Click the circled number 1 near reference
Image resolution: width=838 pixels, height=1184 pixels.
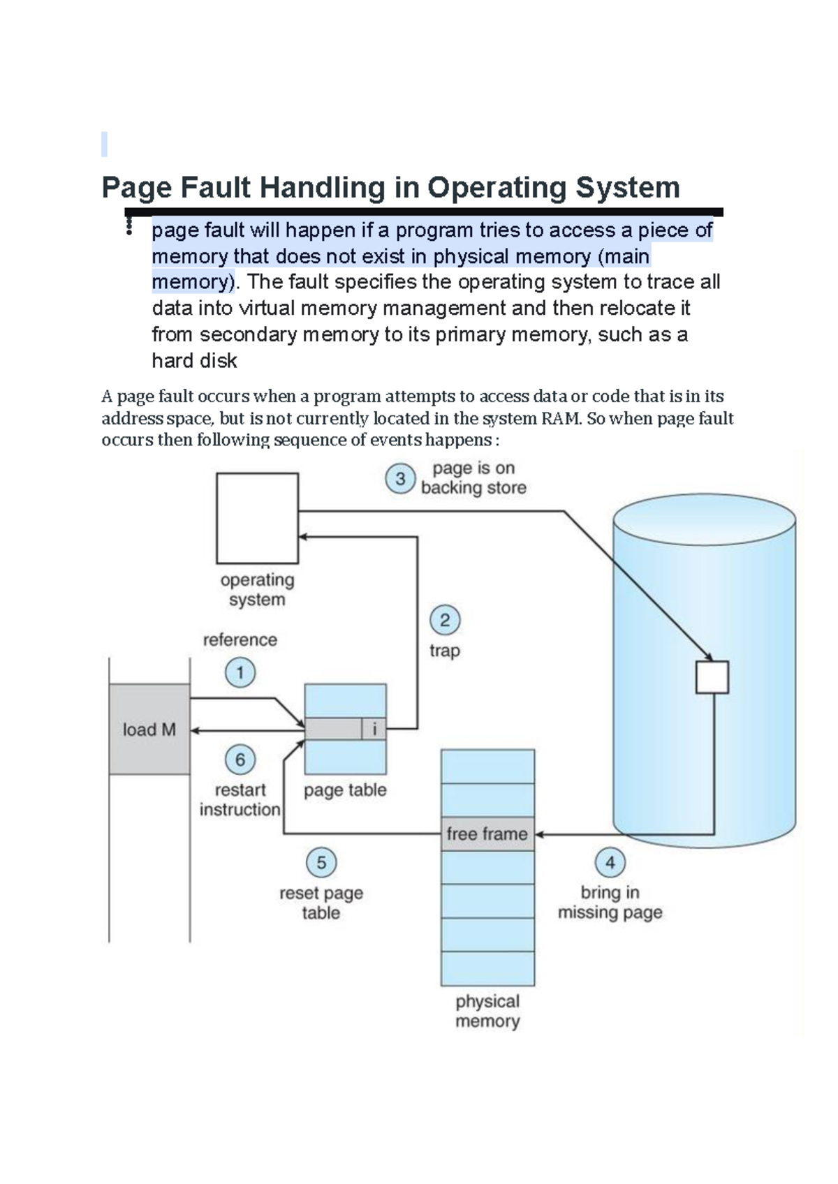pyautogui.click(x=240, y=673)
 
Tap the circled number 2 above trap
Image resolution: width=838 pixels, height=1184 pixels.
pyautogui.click(x=445, y=620)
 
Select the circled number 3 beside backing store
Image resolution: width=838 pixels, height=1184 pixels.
pyautogui.click(x=400, y=479)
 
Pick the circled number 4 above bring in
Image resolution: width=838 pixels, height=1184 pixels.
pyautogui.click(x=610, y=863)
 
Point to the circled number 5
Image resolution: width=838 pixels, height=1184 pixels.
pyautogui.click(x=321, y=863)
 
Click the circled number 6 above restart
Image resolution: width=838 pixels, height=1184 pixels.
pyautogui.click(x=240, y=760)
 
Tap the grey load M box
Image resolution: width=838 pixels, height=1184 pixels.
pyautogui.click(x=149, y=730)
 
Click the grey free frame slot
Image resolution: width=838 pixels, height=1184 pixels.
pyautogui.click(x=487, y=834)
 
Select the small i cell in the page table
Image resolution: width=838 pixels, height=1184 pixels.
pyautogui.click(x=374, y=730)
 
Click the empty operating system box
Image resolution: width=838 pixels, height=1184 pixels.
pyautogui.click(x=257, y=518)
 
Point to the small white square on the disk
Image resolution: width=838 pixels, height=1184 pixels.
pyautogui.click(x=712, y=677)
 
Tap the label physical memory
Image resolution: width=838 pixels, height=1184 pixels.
pyautogui.click(x=487, y=1011)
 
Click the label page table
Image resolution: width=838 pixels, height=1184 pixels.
pyautogui.click(x=345, y=790)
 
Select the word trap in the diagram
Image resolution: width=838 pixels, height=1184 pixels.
pyautogui.click(x=445, y=651)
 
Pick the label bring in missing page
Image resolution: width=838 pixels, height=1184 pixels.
pyautogui.click(x=610, y=902)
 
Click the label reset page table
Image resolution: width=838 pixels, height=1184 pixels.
pyautogui.click(x=321, y=903)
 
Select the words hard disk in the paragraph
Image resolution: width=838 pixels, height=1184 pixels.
pyautogui.click(x=194, y=361)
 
